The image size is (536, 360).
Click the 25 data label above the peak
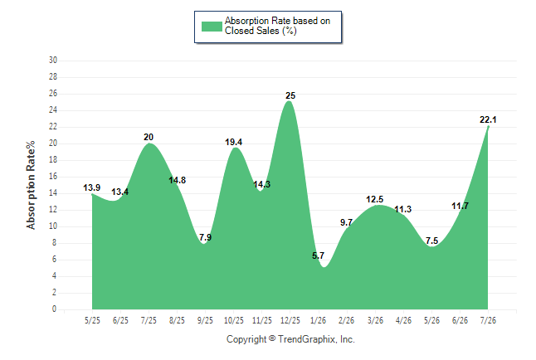click(x=290, y=95)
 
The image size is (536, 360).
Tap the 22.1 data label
click(x=488, y=119)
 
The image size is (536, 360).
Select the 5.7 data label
click(x=318, y=255)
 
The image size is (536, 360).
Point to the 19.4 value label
click(x=233, y=142)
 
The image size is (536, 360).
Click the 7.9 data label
click(x=205, y=237)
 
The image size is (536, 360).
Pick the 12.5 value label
click(x=375, y=199)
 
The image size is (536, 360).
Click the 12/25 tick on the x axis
click(x=290, y=320)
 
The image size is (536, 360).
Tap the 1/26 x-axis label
click(x=319, y=320)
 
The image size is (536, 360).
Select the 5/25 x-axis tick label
click(x=92, y=320)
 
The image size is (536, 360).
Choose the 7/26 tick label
click(x=488, y=320)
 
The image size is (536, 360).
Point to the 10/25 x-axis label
click(x=234, y=320)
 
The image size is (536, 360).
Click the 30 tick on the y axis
click(x=53, y=61)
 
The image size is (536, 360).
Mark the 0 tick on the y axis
click(x=55, y=309)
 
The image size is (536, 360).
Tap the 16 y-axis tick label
click(x=53, y=177)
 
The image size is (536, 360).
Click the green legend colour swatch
click(x=212, y=27)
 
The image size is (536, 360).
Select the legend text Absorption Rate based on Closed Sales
click(x=277, y=26)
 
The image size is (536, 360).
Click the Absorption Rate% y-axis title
click(x=31, y=185)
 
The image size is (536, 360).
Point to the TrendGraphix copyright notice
click(x=290, y=339)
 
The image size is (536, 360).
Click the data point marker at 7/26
click(x=488, y=127)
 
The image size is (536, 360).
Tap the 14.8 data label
click(x=177, y=180)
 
